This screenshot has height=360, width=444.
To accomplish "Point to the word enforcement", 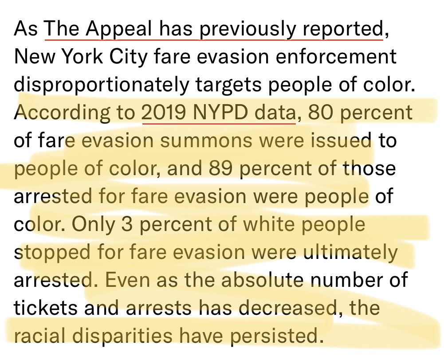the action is pyautogui.click(x=336, y=56).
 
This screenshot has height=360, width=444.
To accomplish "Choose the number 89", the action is pyautogui.click(x=221, y=168).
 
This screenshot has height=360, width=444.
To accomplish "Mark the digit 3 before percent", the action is pyautogui.click(x=127, y=224).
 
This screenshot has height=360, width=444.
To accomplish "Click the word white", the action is pyautogui.click(x=268, y=224).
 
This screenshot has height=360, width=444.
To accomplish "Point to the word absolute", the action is pyautogui.click(x=263, y=280).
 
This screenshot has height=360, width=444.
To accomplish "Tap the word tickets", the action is pyautogui.click(x=45, y=308).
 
